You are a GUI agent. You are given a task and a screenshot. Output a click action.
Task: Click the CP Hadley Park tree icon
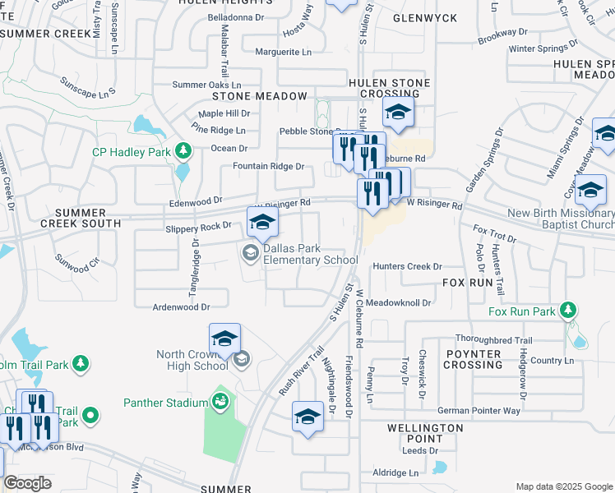pos(183,151)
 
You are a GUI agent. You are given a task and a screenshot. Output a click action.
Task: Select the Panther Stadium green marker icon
pos(220,401)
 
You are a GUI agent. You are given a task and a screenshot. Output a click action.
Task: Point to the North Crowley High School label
pos(194,361)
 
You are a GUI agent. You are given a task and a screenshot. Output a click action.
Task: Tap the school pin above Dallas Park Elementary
pos(262,221)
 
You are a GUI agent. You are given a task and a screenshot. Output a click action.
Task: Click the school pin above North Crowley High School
pos(224,338)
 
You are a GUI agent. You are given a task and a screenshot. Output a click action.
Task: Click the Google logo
pos(27,482)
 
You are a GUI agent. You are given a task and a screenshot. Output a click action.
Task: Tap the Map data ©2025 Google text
pos(563,486)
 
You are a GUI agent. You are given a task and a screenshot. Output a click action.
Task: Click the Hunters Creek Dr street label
pos(407,266)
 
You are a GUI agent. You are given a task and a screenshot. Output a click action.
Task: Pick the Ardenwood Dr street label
pos(181,306)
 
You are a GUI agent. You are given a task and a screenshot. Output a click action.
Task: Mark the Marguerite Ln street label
pos(284,52)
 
